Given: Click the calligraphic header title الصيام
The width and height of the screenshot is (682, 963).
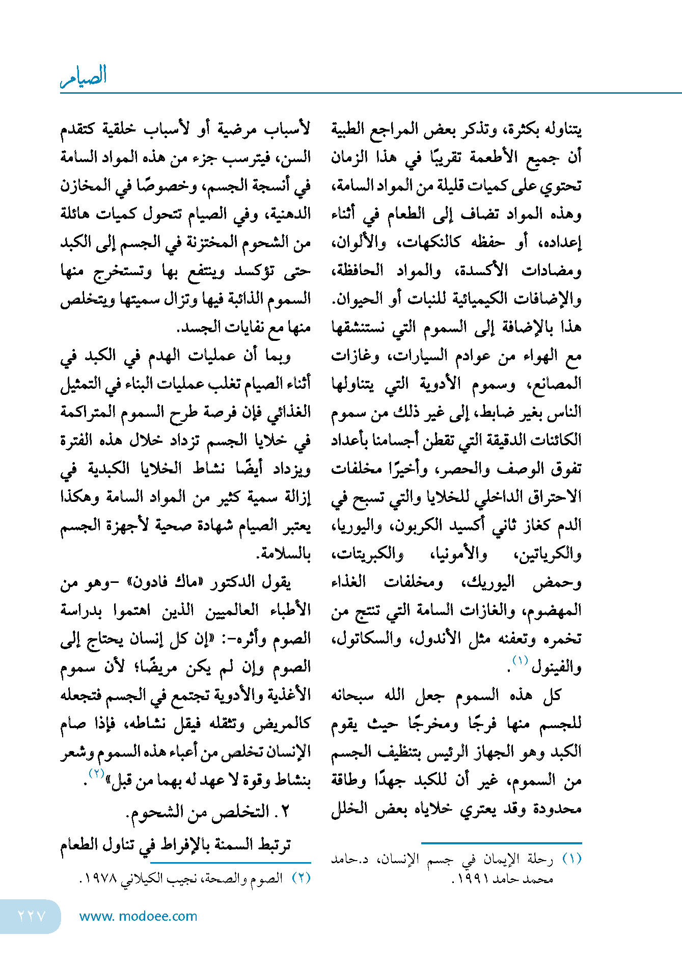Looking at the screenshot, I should (x=84, y=76).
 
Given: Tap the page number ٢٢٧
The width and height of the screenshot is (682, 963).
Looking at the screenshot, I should (x=32, y=916).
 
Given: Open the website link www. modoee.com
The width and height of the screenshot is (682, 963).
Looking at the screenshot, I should (x=138, y=916).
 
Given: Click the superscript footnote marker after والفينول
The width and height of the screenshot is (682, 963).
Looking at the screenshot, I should (x=520, y=660).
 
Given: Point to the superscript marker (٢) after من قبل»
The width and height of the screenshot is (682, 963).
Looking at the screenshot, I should (x=97, y=773).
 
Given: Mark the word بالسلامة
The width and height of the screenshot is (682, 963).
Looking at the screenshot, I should (x=285, y=553).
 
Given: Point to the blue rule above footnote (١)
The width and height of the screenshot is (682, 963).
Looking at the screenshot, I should (x=502, y=843).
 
